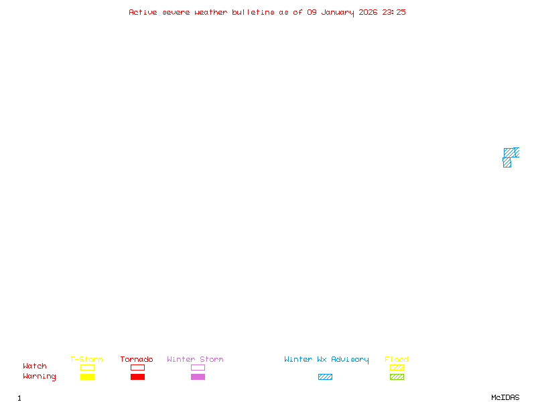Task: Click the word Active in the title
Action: tap(143, 12)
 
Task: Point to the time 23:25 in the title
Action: tap(394, 12)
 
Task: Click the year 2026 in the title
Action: tap(368, 12)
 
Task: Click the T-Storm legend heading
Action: tap(86, 360)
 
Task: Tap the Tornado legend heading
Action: tap(137, 360)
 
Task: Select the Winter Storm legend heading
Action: tap(195, 360)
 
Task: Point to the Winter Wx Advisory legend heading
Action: tap(326, 360)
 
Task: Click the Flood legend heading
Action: tap(397, 360)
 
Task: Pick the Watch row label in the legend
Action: tap(35, 366)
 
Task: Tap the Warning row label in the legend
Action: tap(40, 377)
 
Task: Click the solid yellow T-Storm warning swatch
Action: tap(87, 377)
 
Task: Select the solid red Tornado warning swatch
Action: tap(137, 377)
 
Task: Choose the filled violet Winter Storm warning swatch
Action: tap(198, 377)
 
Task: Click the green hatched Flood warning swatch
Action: tap(397, 377)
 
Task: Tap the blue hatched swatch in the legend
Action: tap(325, 377)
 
